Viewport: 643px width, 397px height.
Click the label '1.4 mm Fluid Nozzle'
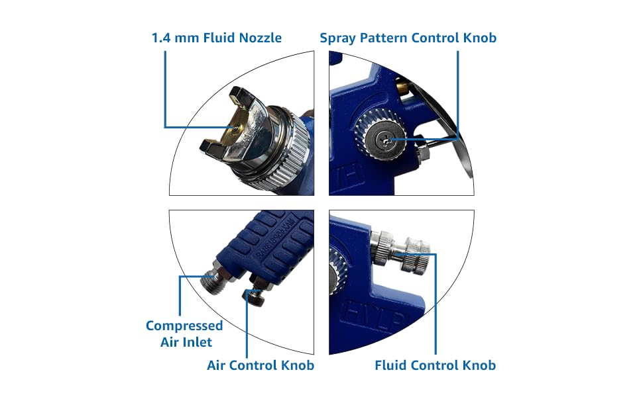tap(217, 38)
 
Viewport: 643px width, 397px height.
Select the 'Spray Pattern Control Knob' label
tap(408, 38)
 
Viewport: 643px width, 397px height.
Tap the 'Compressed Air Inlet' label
tap(184, 333)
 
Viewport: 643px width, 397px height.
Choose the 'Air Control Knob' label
tap(261, 365)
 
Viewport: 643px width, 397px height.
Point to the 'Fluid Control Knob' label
tap(435, 365)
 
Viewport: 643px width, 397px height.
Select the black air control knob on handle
tap(255, 296)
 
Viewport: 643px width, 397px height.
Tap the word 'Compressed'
tap(184, 326)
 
